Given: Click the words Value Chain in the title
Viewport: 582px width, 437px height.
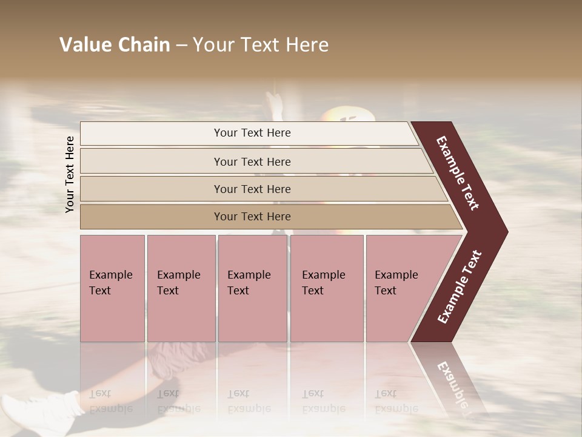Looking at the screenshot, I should coord(115,45).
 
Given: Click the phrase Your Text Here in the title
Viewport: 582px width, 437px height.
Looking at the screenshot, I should coord(261,45).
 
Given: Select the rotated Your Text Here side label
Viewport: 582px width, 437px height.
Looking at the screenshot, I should coord(70,174).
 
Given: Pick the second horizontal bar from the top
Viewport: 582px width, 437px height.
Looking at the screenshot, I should coord(252,161).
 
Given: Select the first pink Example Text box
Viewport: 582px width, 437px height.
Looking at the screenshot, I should coord(112,288).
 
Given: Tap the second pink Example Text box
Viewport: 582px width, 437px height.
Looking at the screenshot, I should coord(181,288).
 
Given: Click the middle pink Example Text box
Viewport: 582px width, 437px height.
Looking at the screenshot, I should coord(252,288).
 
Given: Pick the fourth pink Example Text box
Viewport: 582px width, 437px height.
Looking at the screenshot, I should coord(326,288).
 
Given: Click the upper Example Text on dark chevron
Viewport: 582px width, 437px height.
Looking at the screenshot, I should coord(458,173).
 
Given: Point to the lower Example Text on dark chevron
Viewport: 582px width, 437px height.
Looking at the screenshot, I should coord(460,286).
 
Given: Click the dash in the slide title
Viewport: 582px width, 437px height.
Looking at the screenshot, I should coord(181,45).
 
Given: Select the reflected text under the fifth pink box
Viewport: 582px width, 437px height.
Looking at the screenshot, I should coord(386,401).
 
